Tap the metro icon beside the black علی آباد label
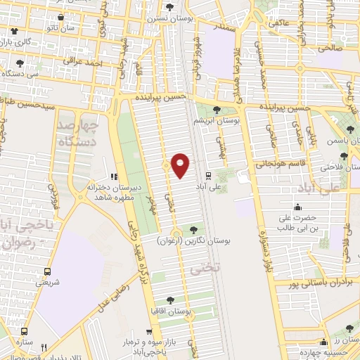coord(208,175)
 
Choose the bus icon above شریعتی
coord(47,271)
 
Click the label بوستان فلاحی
coord(339,167)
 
